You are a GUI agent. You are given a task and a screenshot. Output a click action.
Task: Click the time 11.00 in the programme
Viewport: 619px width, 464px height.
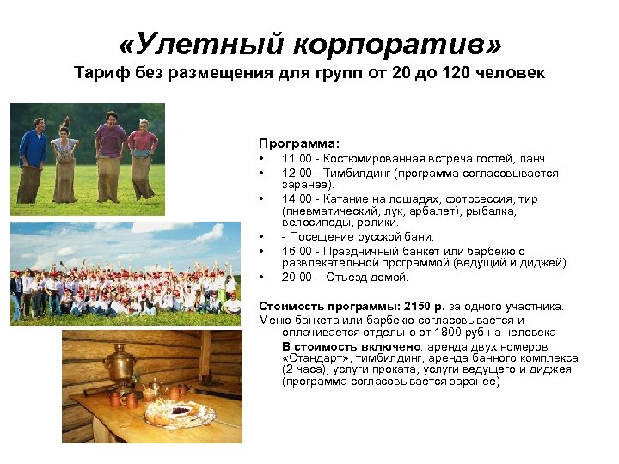[x=297, y=159]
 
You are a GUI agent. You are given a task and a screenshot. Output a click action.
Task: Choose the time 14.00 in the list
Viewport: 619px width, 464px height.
[x=297, y=198]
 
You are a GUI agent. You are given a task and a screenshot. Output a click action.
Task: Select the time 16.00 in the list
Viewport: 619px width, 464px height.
[x=297, y=250]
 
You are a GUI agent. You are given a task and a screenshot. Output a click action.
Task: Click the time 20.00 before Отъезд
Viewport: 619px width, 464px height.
[x=297, y=277]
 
